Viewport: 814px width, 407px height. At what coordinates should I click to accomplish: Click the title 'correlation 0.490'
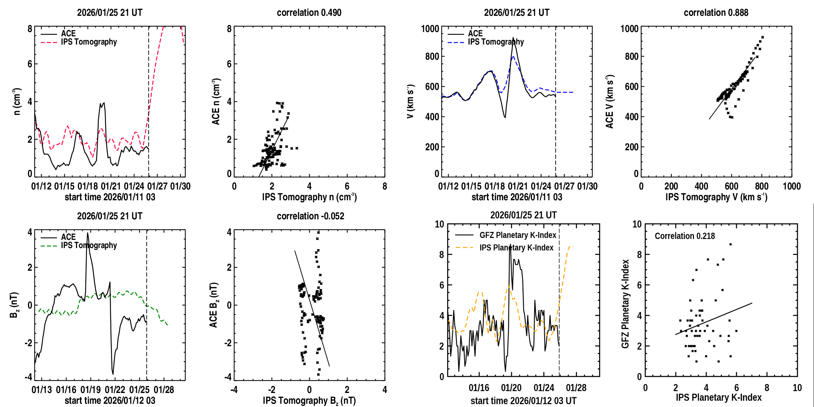pyautogui.click(x=309, y=13)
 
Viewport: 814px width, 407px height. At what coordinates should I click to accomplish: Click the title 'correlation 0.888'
pyautogui.click(x=716, y=13)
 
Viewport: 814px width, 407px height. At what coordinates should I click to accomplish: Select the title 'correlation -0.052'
pyautogui.click(x=310, y=216)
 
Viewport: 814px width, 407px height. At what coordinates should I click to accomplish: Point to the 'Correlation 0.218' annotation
pyautogui.click(x=685, y=236)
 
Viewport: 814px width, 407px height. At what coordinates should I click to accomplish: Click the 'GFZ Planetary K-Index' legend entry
pyautogui.click(x=518, y=235)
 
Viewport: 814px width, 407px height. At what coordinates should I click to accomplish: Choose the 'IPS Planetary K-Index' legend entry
pyautogui.click(x=516, y=248)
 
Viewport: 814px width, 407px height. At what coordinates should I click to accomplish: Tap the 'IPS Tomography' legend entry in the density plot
pyautogui.click(x=89, y=42)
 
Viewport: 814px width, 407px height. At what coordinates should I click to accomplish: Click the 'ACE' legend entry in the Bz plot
pyautogui.click(x=68, y=237)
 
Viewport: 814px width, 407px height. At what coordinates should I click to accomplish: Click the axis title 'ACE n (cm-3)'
pyautogui.click(x=216, y=102)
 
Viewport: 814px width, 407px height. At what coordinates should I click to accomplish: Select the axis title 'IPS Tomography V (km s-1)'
pyautogui.click(x=716, y=197)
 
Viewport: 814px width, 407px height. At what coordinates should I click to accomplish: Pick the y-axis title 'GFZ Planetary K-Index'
pyautogui.click(x=625, y=304)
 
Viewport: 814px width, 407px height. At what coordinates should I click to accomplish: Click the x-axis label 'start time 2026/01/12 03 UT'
pyautogui.click(x=523, y=401)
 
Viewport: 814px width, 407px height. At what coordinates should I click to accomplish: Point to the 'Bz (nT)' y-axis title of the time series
pyautogui.click(x=14, y=305)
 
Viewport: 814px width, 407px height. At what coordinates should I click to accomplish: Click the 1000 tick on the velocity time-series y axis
pyautogui.click(x=430, y=29)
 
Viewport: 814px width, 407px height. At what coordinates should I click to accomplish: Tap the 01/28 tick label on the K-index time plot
pyautogui.click(x=576, y=388)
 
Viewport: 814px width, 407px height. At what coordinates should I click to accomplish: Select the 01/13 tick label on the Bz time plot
pyautogui.click(x=42, y=390)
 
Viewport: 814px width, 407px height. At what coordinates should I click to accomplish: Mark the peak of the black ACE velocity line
pyautogui.click(x=513, y=38)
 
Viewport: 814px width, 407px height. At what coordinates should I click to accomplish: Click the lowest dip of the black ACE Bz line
pyautogui.click(x=113, y=374)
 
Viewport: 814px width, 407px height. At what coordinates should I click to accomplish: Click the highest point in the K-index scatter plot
pyautogui.click(x=730, y=244)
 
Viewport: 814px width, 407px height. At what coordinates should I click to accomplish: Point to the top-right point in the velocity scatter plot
pyautogui.click(x=763, y=37)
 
